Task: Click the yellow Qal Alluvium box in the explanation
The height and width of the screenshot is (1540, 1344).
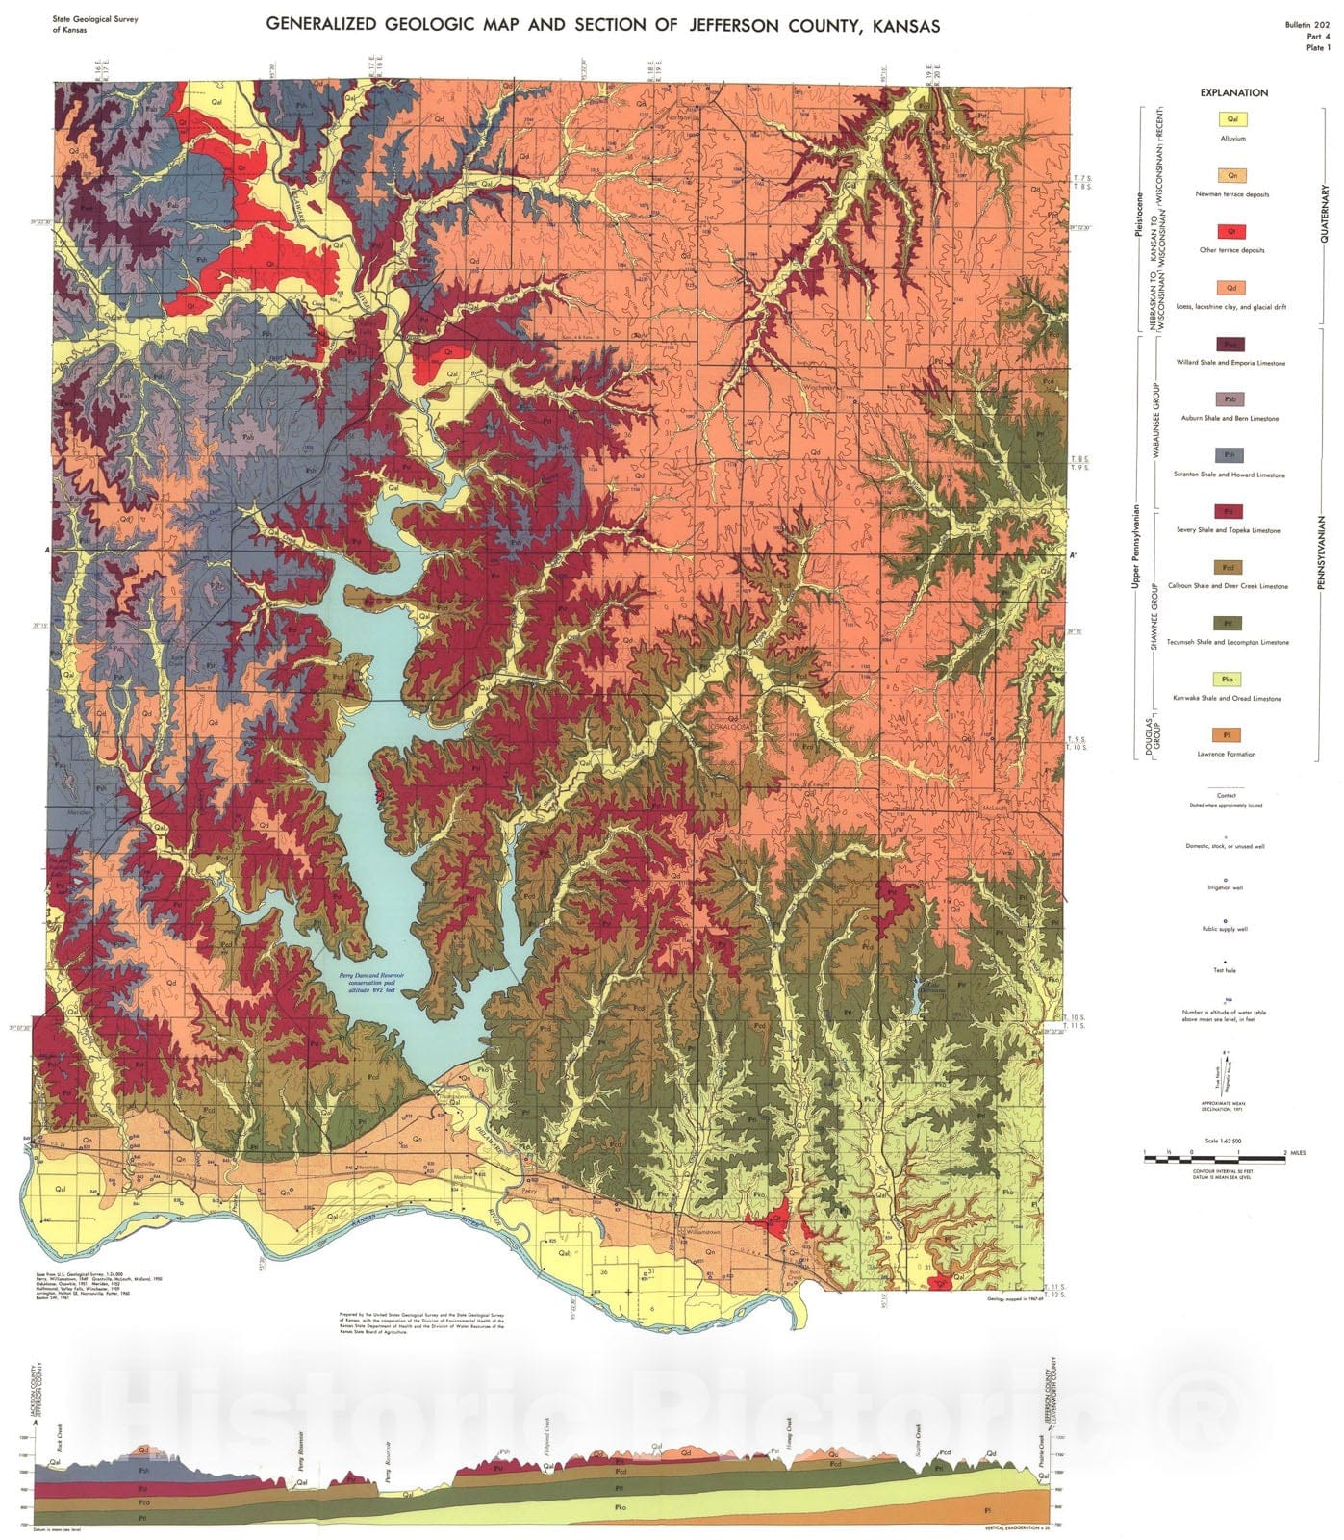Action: point(1232,120)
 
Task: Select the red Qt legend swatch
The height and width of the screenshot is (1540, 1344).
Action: point(1232,232)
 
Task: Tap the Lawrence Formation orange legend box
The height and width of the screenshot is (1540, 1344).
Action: point(1232,735)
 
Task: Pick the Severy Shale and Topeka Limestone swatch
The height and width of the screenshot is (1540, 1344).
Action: point(1232,511)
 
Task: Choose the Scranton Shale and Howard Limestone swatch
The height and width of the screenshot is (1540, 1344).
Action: point(1232,455)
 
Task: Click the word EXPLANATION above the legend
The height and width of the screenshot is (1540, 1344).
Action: point(1233,92)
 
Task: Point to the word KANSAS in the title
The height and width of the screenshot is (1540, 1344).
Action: point(900,25)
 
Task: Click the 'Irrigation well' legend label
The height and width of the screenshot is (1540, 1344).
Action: point(1226,887)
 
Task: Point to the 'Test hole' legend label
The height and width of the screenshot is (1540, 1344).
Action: point(1226,970)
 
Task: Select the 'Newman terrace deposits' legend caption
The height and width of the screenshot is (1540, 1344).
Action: point(1232,194)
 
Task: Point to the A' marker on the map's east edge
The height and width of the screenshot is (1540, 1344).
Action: point(1074,555)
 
